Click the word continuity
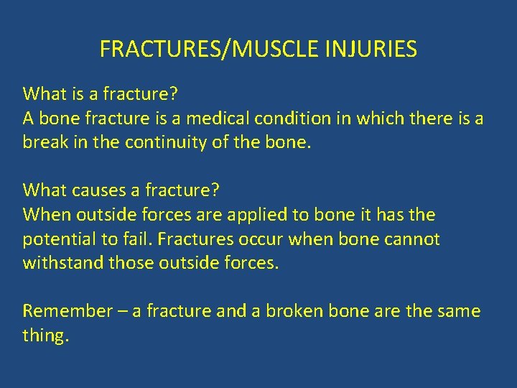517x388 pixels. coord(167,142)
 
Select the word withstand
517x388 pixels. coord(63,263)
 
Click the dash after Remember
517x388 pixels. coord(123,311)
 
